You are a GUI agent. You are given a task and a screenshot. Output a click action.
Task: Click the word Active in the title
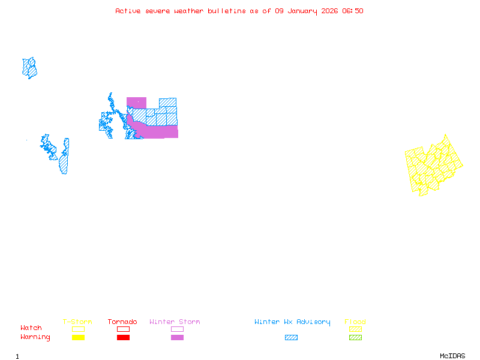point(128,11)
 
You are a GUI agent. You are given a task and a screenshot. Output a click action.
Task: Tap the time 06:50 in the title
point(353,11)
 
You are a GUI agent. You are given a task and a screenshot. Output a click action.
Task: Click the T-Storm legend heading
point(77,322)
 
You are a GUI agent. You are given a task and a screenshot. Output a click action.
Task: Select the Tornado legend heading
point(122,322)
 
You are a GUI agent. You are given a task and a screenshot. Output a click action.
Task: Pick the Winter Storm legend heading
point(175,322)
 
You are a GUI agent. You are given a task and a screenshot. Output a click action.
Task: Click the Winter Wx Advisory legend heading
point(292,322)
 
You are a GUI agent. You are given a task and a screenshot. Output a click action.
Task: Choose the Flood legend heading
point(355,322)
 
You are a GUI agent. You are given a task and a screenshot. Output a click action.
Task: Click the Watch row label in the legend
point(31,328)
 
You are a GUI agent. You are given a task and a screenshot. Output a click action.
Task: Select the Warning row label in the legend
point(35,337)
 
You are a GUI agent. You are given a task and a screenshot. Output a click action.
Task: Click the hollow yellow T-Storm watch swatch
point(78,329)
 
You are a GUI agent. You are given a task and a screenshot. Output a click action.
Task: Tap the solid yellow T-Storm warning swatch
point(78,338)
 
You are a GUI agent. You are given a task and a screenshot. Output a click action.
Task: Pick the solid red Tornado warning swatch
point(123,338)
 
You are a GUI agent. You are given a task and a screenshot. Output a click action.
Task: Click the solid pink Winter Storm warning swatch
point(177,338)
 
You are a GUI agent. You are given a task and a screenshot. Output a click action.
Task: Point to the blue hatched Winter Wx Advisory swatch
point(291,338)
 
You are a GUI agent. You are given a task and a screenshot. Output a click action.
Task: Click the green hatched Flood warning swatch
point(355,338)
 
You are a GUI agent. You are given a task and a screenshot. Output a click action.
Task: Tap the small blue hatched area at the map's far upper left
point(29,68)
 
